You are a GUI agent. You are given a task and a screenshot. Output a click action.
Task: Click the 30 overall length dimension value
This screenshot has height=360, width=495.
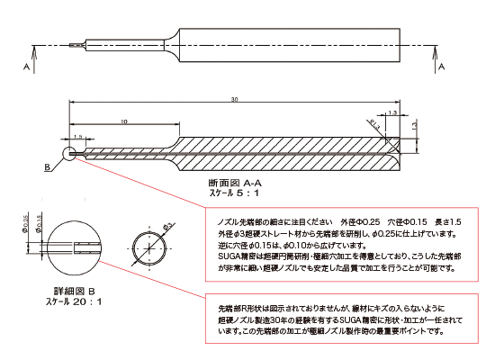pyautogui.click(x=232, y=99)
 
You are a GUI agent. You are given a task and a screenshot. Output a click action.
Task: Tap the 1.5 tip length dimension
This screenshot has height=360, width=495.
pyautogui.click(x=78, y=137)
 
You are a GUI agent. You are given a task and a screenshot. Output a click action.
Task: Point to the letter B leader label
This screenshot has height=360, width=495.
pyautogui.click(x=46, y=167)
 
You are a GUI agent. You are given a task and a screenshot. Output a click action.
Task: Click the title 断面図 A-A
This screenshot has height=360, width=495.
pyautogui.click(x=233, y=182)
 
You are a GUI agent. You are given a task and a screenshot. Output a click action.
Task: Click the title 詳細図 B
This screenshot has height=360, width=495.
pyautogui.click(x=75, y=291)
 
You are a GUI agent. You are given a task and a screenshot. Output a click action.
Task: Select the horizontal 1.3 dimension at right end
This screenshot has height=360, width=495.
pyautogui.click(x=393, y=112)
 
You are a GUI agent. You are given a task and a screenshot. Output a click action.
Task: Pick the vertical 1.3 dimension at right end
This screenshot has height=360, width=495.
pyautogui.click(x=415, y=127)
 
